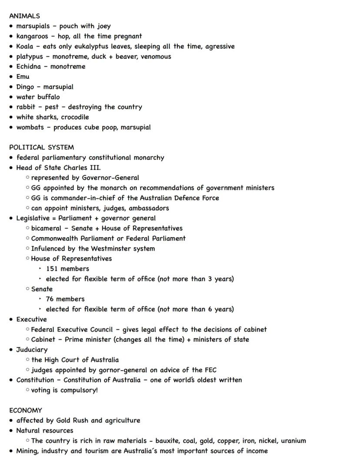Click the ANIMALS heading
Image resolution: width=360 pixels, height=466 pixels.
tap(24, 16)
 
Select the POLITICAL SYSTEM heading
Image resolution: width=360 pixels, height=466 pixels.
tap(41, 148)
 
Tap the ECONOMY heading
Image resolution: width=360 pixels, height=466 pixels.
tap(26, 410)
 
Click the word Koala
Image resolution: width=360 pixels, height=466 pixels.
tap(25, 47)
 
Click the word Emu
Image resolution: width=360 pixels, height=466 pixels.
tap(23, 77)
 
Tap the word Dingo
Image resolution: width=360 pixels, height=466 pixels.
tap(25, 87)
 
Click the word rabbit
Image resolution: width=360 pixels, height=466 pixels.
tap(26, 107)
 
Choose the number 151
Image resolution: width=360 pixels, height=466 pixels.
tap(52, 269)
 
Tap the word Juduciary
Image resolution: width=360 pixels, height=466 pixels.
tap(32, 350)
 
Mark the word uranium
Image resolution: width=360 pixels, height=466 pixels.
tap(293, 441)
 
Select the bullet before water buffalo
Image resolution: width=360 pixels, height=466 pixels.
tap(11, 97)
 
